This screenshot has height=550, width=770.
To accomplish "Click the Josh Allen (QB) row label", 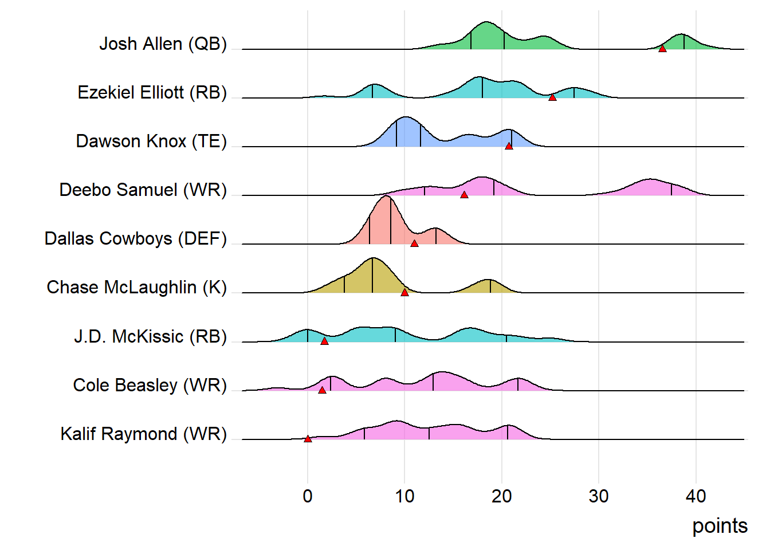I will pos(163,44).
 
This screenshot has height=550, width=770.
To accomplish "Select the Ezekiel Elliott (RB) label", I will pos(152,93).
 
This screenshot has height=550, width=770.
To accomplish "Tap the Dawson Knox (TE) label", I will pos(151,142).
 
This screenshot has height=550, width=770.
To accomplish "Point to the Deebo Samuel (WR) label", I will pos(143,190).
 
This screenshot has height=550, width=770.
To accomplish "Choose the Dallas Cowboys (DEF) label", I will pos(135,239).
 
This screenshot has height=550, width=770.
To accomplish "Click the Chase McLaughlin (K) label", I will pos(136,288).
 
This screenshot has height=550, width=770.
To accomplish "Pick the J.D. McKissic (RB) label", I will pos(150,336).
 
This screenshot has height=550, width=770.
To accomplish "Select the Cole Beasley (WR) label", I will pos(150,385).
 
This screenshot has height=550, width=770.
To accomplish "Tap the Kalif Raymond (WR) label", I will pos(143,434).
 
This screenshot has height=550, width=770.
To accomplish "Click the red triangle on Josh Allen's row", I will pos(662,49).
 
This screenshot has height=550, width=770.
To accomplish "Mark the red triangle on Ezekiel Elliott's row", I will pos(552,97).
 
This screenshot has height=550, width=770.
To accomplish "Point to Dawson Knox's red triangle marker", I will pos(509,146).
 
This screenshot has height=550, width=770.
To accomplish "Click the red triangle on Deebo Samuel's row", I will pos(464,195).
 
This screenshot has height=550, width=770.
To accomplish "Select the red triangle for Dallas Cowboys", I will pos(414,243).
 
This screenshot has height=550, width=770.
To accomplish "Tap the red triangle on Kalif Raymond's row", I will pos(308,439).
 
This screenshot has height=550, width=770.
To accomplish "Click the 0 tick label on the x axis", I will pos(308,496).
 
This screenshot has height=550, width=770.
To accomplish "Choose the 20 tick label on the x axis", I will pos(502,496).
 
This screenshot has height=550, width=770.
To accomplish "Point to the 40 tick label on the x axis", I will pos(696,496).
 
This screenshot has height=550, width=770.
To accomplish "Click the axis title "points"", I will pos(720,526).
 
